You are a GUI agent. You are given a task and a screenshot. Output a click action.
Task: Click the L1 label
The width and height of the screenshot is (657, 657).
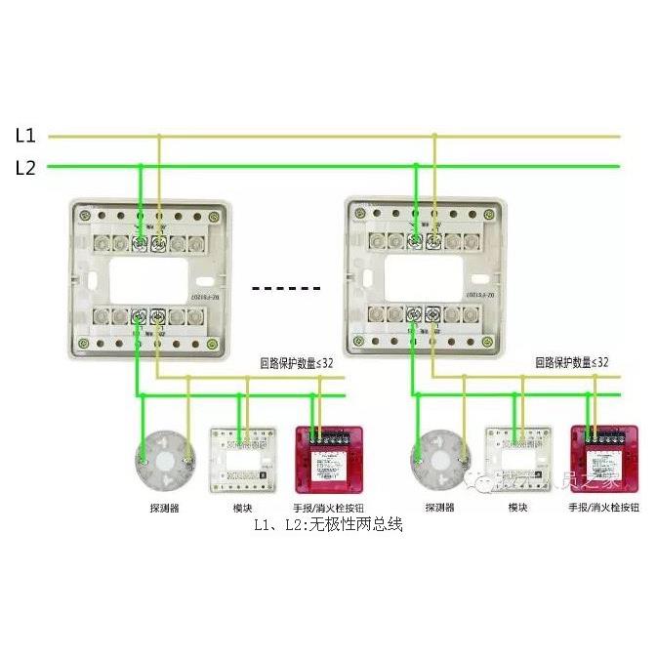pyautogui.click(x=25, y=136)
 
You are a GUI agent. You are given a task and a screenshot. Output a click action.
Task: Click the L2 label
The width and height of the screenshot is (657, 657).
pyautogui.click(x=25, y=167)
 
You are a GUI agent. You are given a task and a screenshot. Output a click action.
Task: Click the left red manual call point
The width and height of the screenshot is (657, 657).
pyautogui.click(x=329, y=459)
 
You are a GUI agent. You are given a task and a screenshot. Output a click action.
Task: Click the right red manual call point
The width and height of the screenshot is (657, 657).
pyautogui.click(x=604, y=459)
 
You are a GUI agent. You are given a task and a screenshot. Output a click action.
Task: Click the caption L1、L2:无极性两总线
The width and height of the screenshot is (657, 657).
pyautogui.click(x=328, y=525)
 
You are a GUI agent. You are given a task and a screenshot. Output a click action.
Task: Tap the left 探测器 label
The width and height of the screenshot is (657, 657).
pyautogui.click(x=164, y=508)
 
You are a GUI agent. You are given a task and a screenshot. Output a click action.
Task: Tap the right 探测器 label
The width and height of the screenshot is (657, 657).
pyautogui.click(x=440, y=508)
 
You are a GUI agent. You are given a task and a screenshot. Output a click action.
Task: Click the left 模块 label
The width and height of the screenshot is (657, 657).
pyautogui.click(x=243, y=508)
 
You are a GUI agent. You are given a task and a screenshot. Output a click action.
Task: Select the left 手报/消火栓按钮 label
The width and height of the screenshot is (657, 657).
pyautogui.click(x=329, y=508)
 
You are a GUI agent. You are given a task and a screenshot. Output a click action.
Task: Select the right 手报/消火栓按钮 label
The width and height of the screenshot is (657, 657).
pyautogui.click(x=604, y=508)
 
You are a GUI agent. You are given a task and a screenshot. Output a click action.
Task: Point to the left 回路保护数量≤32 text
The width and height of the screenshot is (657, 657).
pyautogui.click(x=296, y=362)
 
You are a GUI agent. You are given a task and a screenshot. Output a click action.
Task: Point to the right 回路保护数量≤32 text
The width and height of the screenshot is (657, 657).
pyautogui.click(x=572, y=362)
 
